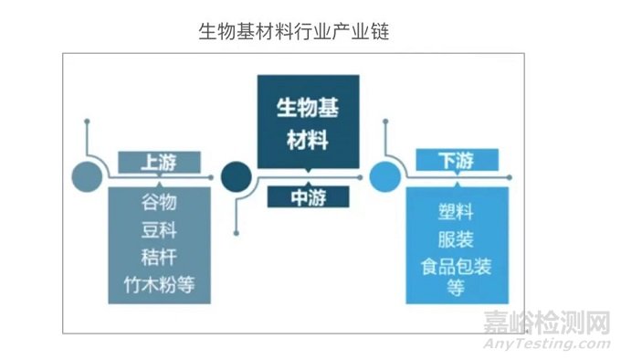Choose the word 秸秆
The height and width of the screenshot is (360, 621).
click(158, 255)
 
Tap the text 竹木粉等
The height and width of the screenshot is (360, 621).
click(158, 285)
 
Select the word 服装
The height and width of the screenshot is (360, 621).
click(454, 240)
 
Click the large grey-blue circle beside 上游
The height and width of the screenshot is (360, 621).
click(86, 174)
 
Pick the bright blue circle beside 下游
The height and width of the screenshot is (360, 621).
click(384, 174)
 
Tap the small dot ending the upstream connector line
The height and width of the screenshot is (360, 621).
click(86, 119)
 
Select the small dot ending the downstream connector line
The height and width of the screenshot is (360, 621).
click(385, 119)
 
